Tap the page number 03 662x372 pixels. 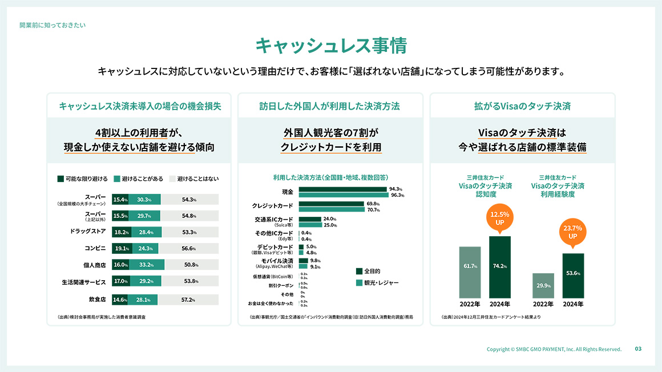638,349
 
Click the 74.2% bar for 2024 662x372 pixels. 500,266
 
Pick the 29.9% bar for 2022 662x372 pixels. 543,285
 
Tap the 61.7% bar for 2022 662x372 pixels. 470,272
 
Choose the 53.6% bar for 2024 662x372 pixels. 573,276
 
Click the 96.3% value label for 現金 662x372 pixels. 397,195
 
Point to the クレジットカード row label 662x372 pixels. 273,205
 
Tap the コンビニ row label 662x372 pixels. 95,249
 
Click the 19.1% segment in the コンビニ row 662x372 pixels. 121,249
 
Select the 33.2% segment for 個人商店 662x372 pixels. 147,265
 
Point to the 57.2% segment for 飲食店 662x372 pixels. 188,300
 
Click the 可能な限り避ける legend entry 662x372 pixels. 83,179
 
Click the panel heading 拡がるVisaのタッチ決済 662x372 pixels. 522,106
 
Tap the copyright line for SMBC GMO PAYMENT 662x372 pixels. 554,349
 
